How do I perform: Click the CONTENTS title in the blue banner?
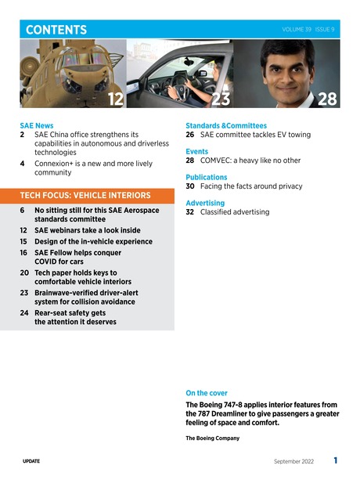(x=56, y=30)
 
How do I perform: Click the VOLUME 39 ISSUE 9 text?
(x=309, y=29)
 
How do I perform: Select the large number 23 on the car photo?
(x=221, y=99)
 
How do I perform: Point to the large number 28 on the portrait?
(x=327, y=99)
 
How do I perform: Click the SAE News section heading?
(x=37, y=125)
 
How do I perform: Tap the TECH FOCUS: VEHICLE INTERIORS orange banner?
(x=85, y=194)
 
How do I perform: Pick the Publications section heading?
(x=206, y=178)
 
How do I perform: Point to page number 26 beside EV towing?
(x=190, y=135)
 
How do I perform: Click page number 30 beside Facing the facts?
(x=190, y=187)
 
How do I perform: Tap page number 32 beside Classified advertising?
(x=190, y=212)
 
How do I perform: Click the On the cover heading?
(x=207, y=392)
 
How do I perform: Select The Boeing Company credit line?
(x=212, y=438)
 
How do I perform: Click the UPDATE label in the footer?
(x=32, y=461)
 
